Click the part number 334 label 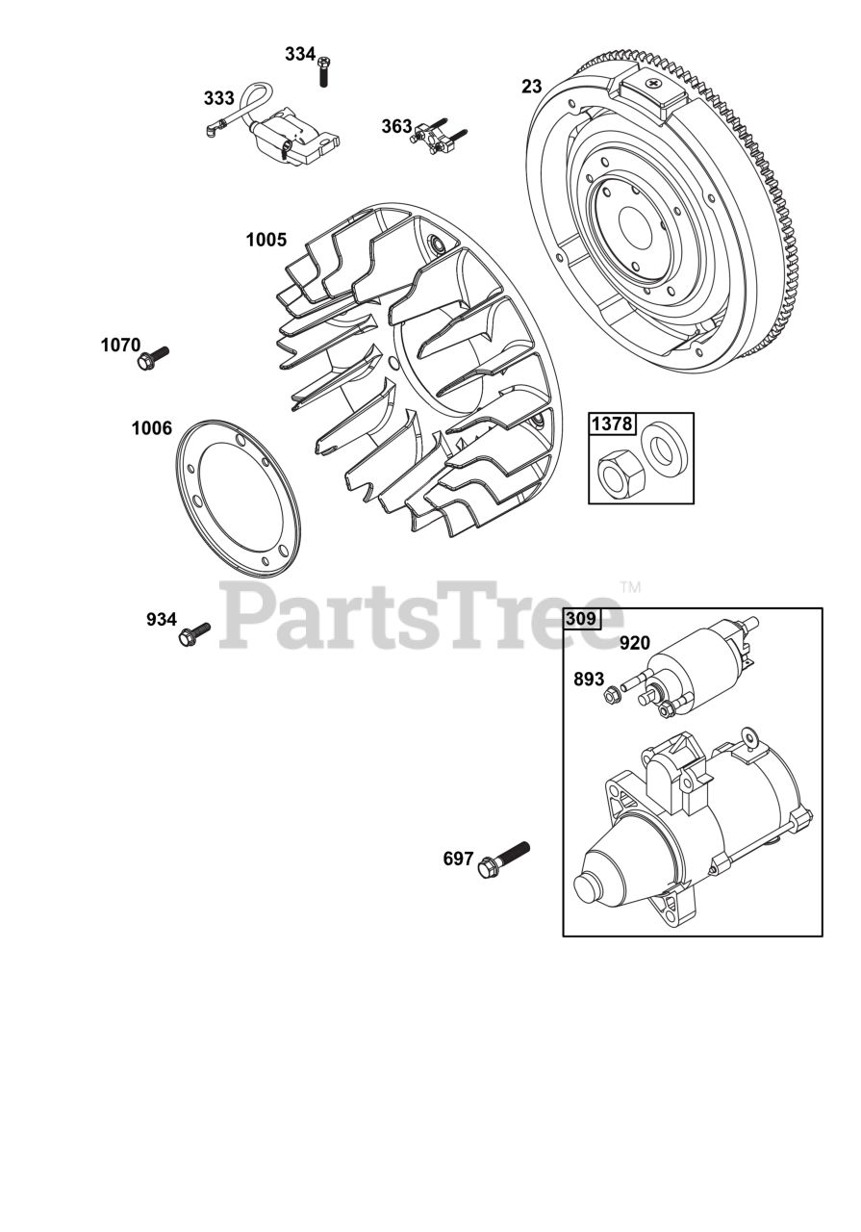(300, 55)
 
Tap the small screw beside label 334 (323, 72)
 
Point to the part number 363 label (396, 126)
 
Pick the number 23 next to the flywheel (532, 87)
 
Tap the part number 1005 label (266, 240)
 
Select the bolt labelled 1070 (153, 358)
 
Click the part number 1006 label (152, 428)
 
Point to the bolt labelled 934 (194, 632)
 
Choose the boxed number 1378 (613, 423)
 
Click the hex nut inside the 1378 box (615, 472)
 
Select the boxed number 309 (580, 619)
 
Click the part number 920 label (634, 643)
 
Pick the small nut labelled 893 (611, 695)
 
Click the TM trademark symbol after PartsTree (630, 586)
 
